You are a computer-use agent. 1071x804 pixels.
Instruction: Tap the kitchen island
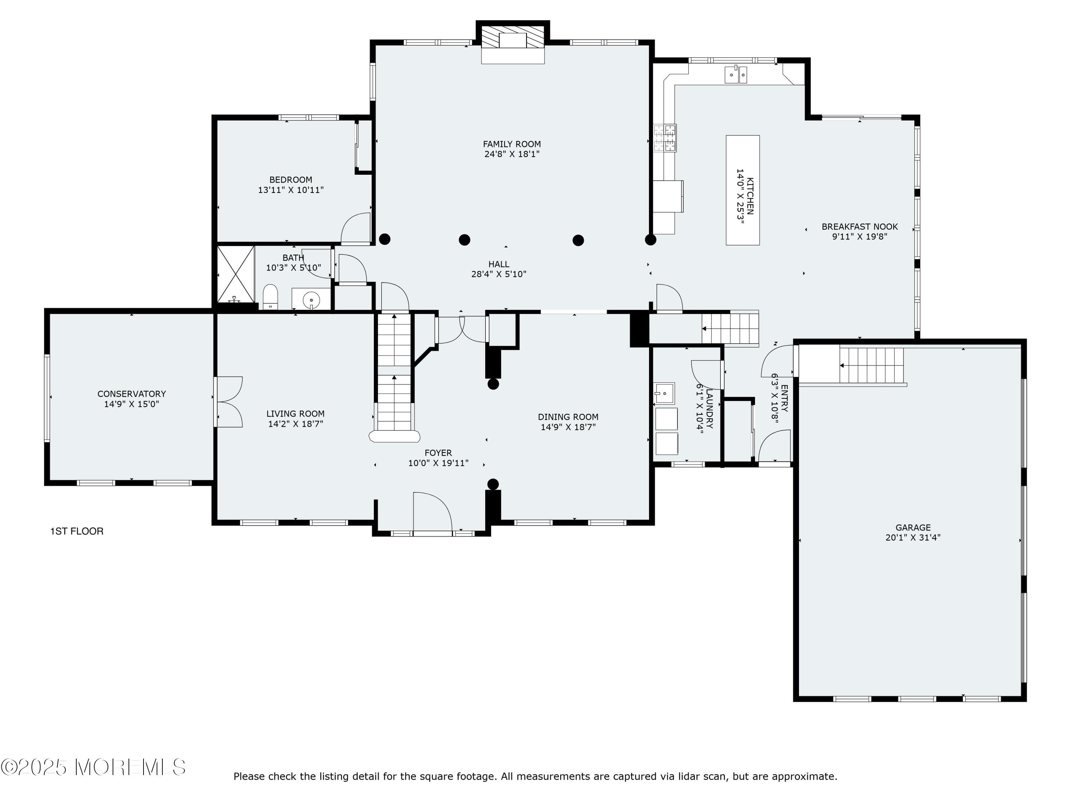pyautogui.click(x=742, y=190)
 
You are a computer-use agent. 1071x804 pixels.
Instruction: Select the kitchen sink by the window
pyautogui.click(x=735, y=75)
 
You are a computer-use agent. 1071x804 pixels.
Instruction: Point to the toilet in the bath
pyautogui.click(x=270, y=297)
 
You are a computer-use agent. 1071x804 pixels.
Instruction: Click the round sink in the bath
pyautogui.click(x=311, y=301)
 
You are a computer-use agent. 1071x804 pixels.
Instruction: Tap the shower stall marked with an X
pyautogui.click(x=235, y=274)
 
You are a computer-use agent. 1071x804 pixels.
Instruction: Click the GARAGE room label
pyautogui.click(x=913, y=527)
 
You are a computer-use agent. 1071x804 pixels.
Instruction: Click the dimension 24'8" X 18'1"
pyautogui.click(x=512, y=154)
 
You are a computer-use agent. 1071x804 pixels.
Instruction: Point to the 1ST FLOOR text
pyautogui.click(x=77, y=531)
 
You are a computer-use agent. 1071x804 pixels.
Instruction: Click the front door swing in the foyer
pyautogui.click(x=432, y=513)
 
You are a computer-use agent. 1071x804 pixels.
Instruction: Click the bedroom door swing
pyautogui.click(x=356, y=228)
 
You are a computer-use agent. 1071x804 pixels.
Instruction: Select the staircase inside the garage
pyautogui.click(x=871, y=366)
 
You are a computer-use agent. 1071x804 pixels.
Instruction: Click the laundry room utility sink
pyautogui.click(x=664, y=393)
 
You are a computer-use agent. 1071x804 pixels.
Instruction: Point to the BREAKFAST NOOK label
pyautogui.click(x=859, y=226)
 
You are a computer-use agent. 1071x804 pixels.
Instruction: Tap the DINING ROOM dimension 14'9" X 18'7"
pyautogui.click(x=568, y=427)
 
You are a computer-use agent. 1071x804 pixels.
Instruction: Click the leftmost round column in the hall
pyautogui.click(x=384, y=239)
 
